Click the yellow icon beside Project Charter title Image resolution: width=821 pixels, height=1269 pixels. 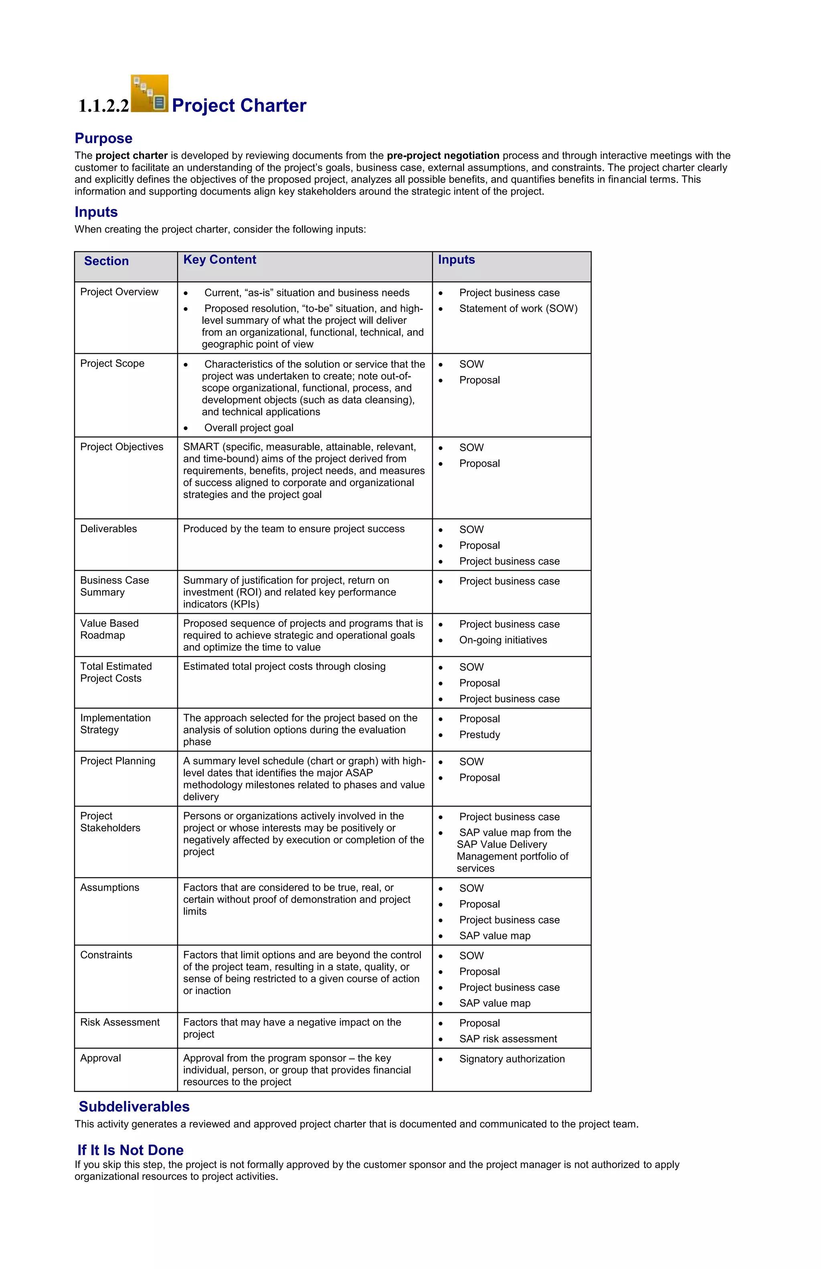(x=150, y=93)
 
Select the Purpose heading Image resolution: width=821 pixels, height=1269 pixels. (x=103, y=139)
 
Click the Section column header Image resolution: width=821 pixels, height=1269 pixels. (x=106, y=261)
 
